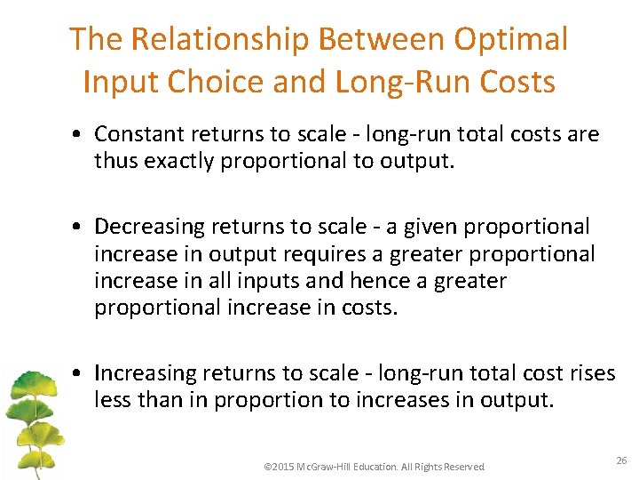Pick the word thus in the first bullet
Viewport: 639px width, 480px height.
click(115, 160)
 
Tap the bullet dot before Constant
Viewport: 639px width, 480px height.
click(80, 135)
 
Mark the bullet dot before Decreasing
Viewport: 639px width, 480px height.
click(80, 228)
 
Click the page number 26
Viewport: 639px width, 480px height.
click(621, 461)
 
